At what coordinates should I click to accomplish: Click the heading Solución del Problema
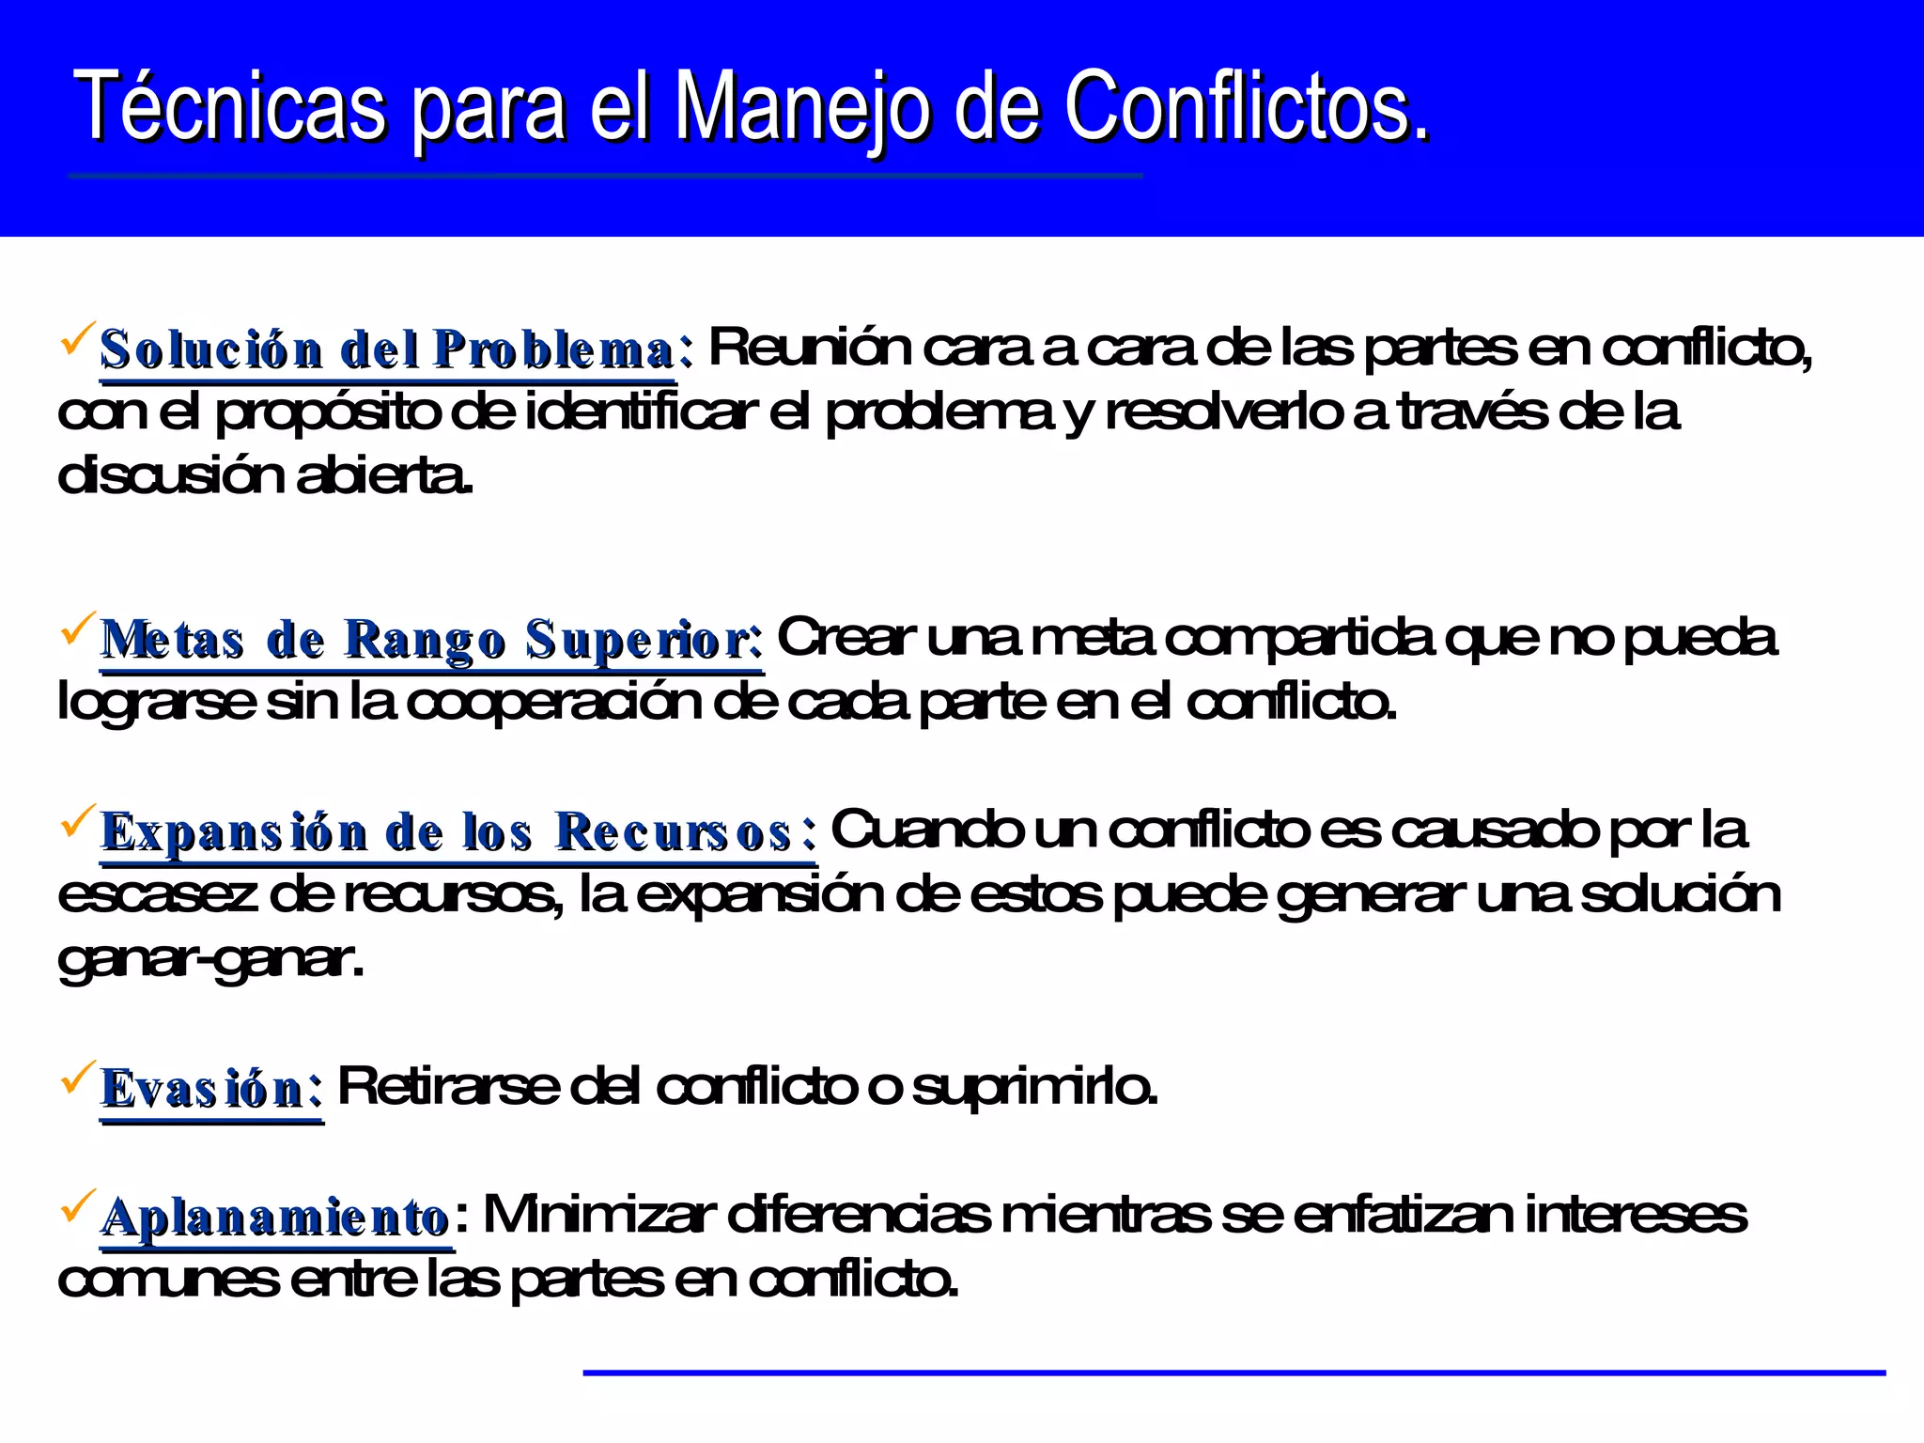pyautogui.click(x=387, y=350)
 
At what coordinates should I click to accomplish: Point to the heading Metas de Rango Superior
pyautogui.click(x=430, y=641)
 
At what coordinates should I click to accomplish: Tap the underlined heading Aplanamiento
pyautogui.click(x=274, y=1218)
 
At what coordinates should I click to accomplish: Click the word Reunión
pyautogui.click(x=810, y=348)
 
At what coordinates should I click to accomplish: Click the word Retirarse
pyautogui.click(x=447, y=1087)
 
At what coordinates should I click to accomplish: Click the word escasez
pyautogui.click(x=157, y=894)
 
